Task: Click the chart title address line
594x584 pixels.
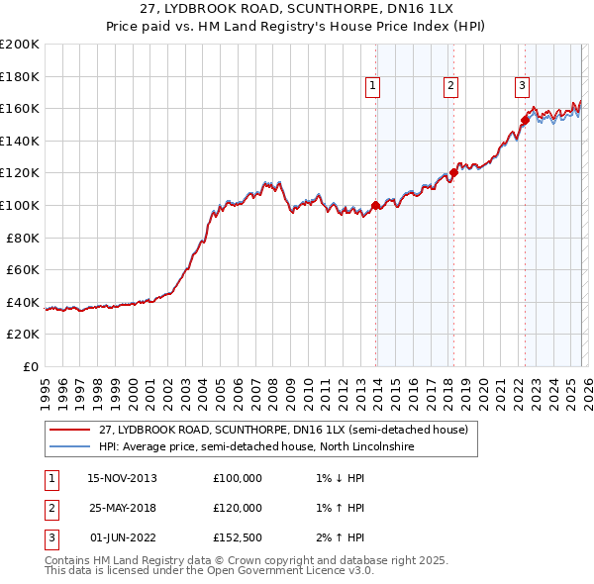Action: (x=297, y=11)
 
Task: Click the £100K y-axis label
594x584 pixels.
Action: (x=21, y=205)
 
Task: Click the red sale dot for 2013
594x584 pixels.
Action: (x=375, y=206)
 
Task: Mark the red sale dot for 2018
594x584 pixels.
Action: (x=453, y=172)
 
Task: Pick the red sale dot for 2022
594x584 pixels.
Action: (x=524, y=121)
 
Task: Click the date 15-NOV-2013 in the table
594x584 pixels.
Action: (x=122, y=478)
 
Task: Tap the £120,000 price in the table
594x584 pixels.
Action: (x=238, y=508)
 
